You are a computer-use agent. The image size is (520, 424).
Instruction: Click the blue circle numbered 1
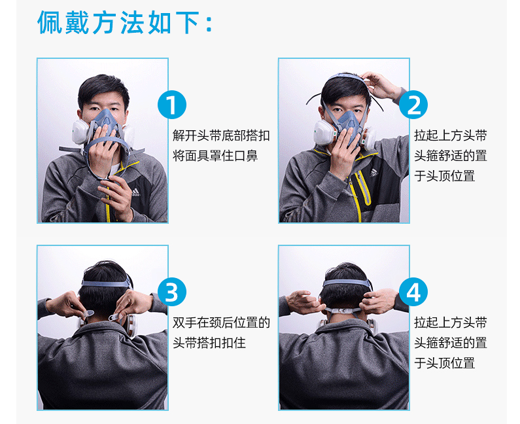[172, 105]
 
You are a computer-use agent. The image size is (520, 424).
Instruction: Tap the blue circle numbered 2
[413, 105]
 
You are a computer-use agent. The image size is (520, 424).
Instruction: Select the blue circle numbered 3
[172, 292]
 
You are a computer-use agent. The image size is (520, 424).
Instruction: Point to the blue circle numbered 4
[413, 292]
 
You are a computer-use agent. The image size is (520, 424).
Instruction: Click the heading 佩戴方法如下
[124, 22]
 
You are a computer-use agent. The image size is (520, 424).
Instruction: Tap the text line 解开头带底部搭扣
[221, 135]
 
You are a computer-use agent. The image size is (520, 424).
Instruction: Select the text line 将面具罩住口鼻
[215, 156]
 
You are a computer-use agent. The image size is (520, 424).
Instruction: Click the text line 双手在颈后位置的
[221, 323]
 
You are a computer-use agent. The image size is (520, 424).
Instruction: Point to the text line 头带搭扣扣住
[209, 343]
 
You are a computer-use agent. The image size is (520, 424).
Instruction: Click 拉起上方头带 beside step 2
[451, 135]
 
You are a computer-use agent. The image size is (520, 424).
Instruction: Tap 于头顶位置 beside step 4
[444, 363]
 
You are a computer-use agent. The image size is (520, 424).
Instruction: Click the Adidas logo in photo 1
[135, 192]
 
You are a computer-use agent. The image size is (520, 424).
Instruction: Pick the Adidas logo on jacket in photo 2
[374, 173]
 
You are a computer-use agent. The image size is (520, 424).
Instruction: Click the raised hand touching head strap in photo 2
[380, 85]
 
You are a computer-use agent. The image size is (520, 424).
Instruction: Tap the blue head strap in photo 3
[107, 283]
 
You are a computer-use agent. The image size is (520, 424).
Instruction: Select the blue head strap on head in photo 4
[347, 283]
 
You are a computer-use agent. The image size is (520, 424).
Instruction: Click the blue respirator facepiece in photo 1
[106, 124]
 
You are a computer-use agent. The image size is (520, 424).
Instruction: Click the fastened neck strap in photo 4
[343, 311]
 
